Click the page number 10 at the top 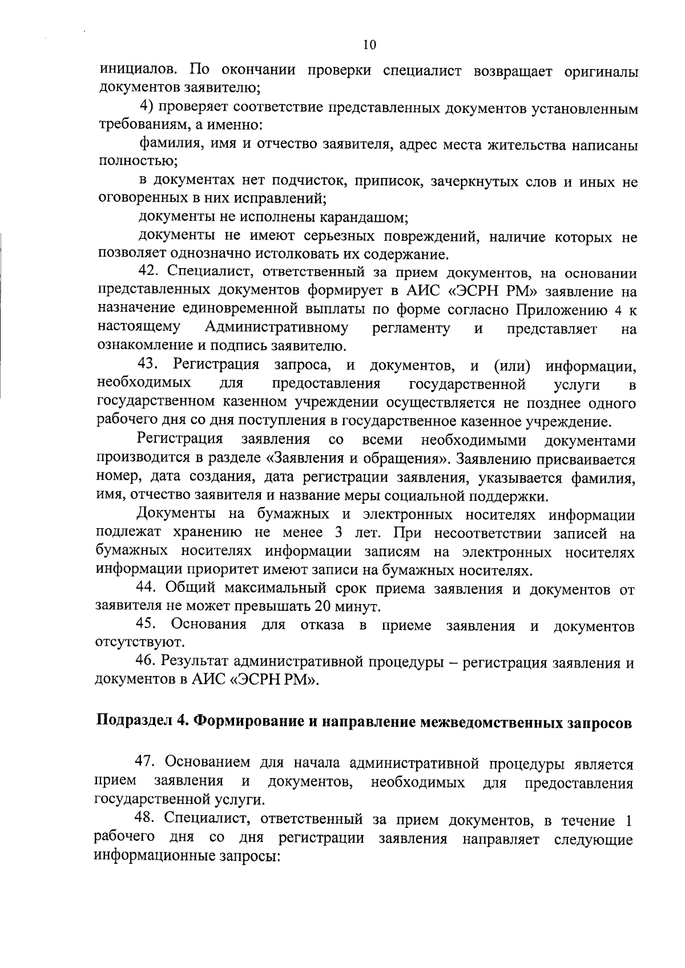pos(369,46)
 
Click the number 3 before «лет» pos(334,533)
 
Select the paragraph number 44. pos(148,588)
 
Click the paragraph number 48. pos(146,820)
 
